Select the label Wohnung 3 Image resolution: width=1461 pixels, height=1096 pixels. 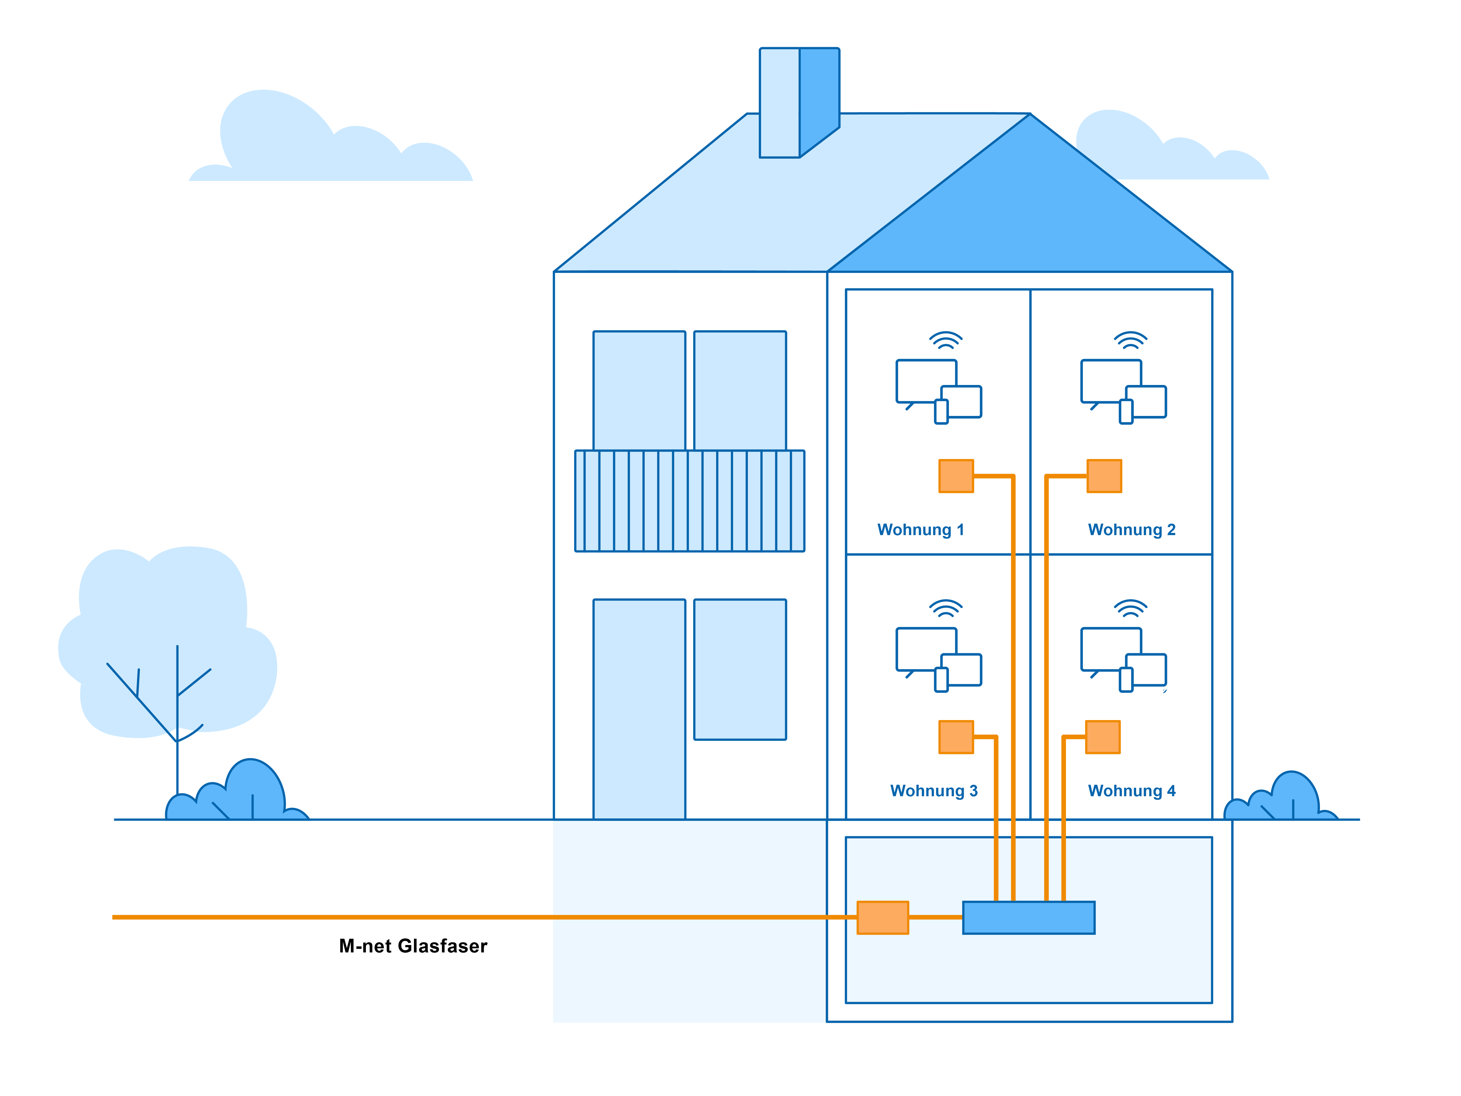(x=933, y=791)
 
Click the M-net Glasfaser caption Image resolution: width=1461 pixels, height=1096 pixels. (x=413, y=946)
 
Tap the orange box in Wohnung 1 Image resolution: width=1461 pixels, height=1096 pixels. (x=956, y=476)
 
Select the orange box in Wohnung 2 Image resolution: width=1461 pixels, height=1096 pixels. (x=1104, y=476)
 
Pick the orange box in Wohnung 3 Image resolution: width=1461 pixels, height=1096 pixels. (x=956, y=737)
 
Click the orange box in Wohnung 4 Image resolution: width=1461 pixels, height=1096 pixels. (x=1102, y=737)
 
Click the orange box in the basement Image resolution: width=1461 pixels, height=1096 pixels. (x=882, y=917)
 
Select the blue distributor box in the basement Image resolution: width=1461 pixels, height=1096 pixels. (x=1028, y=917)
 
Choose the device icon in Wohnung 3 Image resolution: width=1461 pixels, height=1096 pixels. (x=938, y=659)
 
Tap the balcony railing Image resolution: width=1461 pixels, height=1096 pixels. (x=690, y=501)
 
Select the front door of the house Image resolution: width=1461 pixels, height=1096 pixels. (x=639, y=709)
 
